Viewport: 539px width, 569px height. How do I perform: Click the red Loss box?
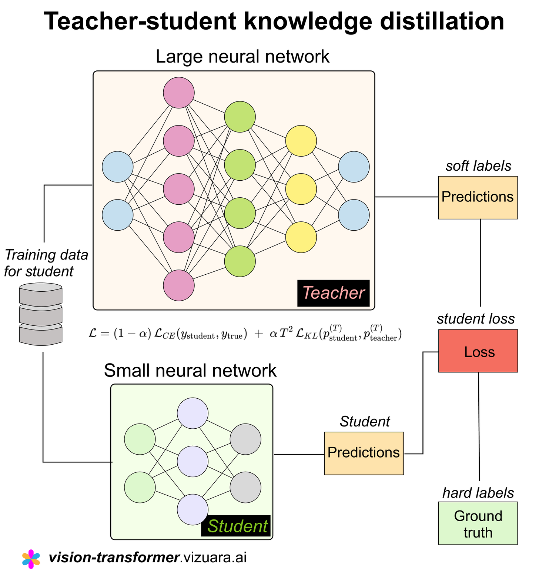tap(478, 351)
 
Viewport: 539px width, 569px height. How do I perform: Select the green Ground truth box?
tap(478, 523)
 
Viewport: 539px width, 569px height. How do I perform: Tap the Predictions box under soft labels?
tap(478, 197)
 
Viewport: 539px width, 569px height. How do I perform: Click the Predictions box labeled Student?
tap(364, 453)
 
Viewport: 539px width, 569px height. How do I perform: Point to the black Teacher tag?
tap(333, 293)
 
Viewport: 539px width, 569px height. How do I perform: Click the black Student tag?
tap(236, 526)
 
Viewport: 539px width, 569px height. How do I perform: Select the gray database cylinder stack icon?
tap(41, 314)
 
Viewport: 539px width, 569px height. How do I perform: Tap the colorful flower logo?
tap(31, 559)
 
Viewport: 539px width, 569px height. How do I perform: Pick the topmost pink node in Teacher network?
tap(179, 93)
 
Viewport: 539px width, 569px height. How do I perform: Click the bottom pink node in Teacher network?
tap(179, 285)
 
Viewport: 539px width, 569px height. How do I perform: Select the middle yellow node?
tap(301, 189)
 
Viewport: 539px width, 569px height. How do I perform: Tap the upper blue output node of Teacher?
tap(354, 167)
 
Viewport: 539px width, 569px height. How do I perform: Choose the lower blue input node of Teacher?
tap(118, 215)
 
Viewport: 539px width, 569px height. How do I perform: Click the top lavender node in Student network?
tap(192, 413)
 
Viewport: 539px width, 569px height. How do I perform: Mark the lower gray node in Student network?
tap(245, 487)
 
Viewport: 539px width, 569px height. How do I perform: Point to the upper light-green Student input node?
tap(140, 439)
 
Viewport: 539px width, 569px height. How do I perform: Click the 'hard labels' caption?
tap(478, 493)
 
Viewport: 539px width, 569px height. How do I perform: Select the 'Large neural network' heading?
tap(242, 57)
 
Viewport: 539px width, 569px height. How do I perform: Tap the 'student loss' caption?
tap(476, 319)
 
